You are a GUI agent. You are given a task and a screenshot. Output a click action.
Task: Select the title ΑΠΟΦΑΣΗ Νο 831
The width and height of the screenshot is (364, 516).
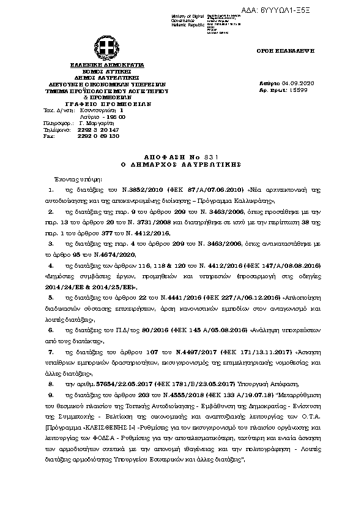click(182, 157)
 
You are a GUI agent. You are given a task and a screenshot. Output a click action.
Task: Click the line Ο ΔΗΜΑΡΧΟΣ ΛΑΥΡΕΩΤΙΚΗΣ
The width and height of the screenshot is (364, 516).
click(182, 164)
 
